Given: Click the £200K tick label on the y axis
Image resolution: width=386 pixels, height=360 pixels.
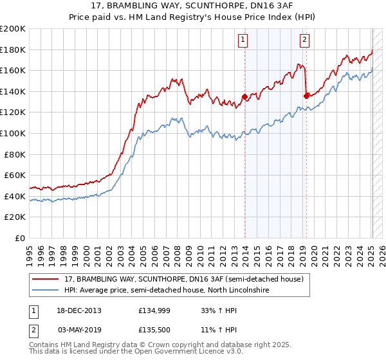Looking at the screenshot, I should click(x=13, y=29).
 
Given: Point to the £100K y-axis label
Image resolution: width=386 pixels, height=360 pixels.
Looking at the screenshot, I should click(x=13, y=134).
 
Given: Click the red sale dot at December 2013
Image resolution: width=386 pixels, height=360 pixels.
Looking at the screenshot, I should click(x=244, y=97).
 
